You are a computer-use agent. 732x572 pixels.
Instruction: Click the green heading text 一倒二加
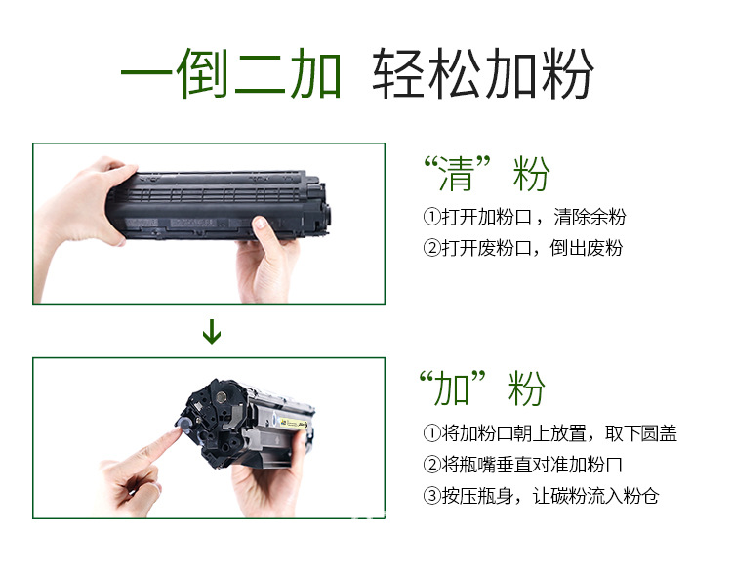231,75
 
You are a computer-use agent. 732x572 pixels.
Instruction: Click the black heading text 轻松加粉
482,75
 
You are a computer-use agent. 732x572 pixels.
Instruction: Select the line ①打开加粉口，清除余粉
523,217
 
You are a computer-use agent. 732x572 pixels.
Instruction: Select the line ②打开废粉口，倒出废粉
522,248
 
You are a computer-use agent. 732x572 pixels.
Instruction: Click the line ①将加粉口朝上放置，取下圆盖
549,433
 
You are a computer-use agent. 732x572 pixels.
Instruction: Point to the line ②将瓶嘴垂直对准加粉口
522,465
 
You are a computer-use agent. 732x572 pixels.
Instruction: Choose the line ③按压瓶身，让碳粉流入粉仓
541,496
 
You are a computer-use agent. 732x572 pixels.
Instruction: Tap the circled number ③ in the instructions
431,496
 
